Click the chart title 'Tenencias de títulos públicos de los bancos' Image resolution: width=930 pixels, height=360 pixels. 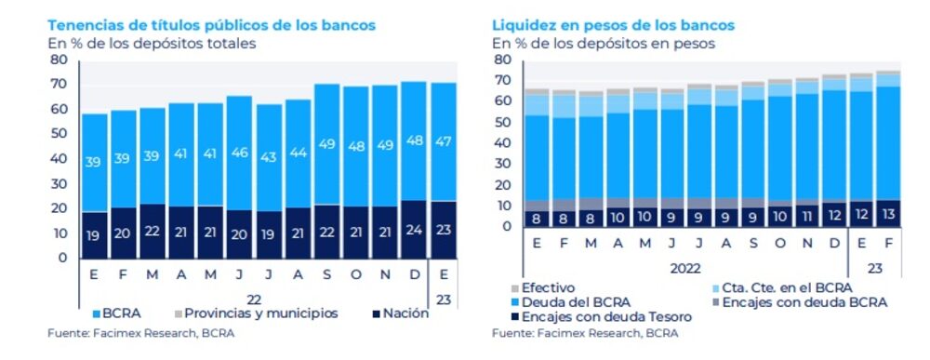coord(211,25)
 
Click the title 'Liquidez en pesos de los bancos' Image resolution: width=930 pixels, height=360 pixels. coord(613,25)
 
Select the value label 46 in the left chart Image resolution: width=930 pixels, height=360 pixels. coord(239,152)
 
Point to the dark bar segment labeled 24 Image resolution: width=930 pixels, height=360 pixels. coord(414,230)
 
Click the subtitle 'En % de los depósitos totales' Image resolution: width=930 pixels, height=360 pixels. coord(151,43)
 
